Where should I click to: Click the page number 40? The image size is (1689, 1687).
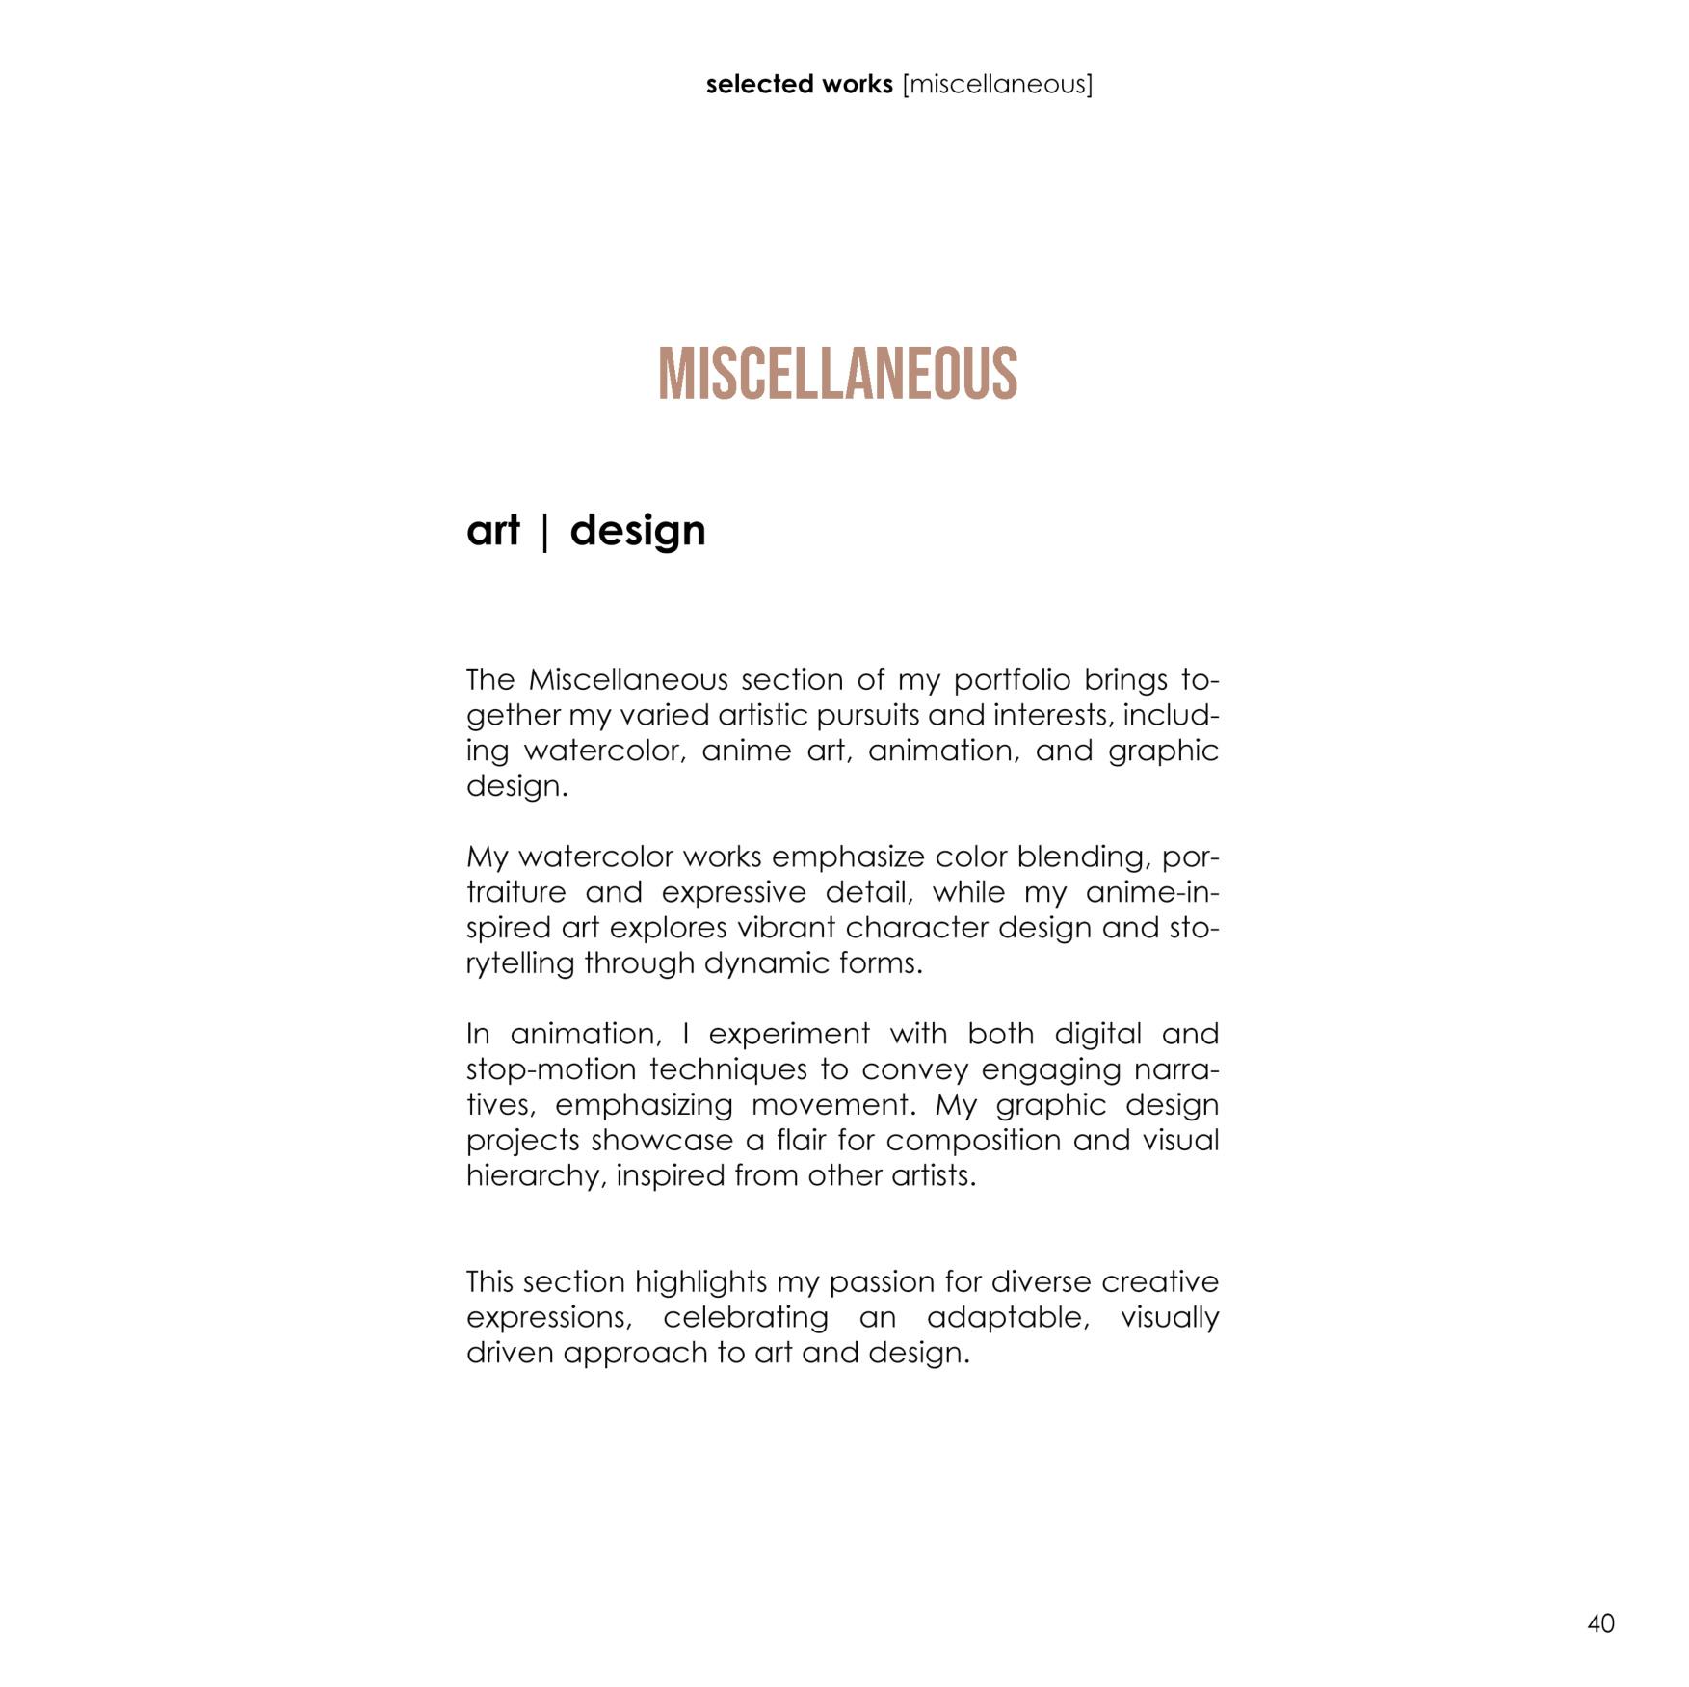[1600, 1623]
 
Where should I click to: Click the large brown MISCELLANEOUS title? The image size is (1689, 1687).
[837, 375]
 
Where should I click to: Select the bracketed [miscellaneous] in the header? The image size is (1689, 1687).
[997, 85]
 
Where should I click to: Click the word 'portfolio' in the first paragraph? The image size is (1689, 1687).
[1012, 681]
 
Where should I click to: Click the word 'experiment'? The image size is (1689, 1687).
[789, 1035]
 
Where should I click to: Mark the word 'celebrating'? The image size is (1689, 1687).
[745, 1318]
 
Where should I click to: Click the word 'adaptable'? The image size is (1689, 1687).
[1007, 1318]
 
